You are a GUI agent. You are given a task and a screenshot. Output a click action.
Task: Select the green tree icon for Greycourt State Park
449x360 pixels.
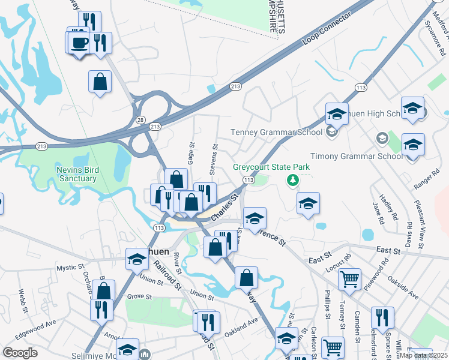293,179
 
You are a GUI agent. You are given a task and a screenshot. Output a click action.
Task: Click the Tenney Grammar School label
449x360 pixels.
276,132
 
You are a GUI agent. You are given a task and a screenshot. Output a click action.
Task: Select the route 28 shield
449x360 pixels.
139,121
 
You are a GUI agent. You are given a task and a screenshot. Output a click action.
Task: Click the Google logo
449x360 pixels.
20,352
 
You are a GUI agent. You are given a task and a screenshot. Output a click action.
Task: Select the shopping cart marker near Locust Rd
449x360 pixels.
349,279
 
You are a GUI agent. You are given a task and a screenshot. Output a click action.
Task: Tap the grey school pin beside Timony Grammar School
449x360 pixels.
381,139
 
